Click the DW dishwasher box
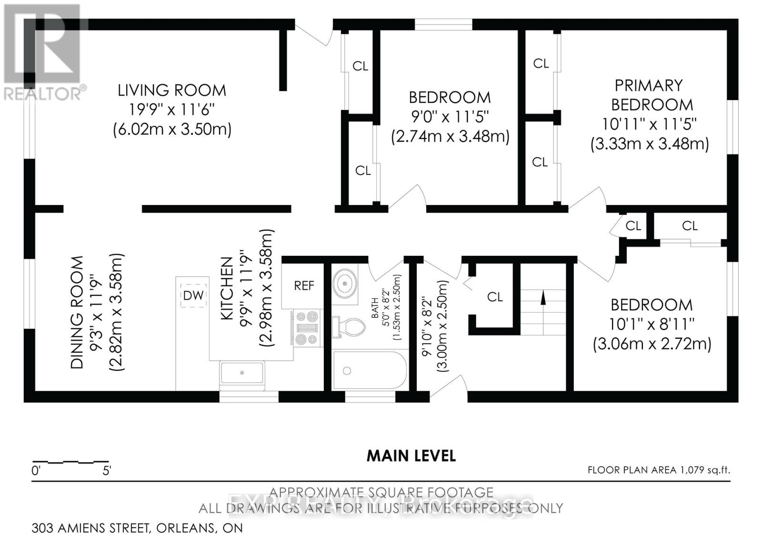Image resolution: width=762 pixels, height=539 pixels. click(x=193, y=295)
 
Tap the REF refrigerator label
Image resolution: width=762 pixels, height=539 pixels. click(x=304, y=285)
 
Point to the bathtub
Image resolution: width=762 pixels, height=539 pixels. click(x=370, y=371)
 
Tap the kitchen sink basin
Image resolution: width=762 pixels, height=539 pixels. click(x=242, y=373)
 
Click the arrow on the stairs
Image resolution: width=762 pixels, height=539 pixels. click(x=542, y=298)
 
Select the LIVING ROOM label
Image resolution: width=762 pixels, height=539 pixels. click(x=172, y=90)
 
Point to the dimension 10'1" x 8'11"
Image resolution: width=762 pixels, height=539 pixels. click(x=652, y=324)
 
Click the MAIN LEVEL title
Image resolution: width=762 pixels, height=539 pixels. click(x=411, y=456)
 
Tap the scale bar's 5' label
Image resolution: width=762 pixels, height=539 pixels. click(x=107, y=471)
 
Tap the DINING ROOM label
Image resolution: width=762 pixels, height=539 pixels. click(x=77, y=312)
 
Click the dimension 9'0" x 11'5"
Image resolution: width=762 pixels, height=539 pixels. click(x=450, y=116)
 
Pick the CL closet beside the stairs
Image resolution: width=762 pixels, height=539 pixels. click(x=495, y=297)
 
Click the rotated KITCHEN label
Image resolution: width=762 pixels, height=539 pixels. click(x=227, y=289)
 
